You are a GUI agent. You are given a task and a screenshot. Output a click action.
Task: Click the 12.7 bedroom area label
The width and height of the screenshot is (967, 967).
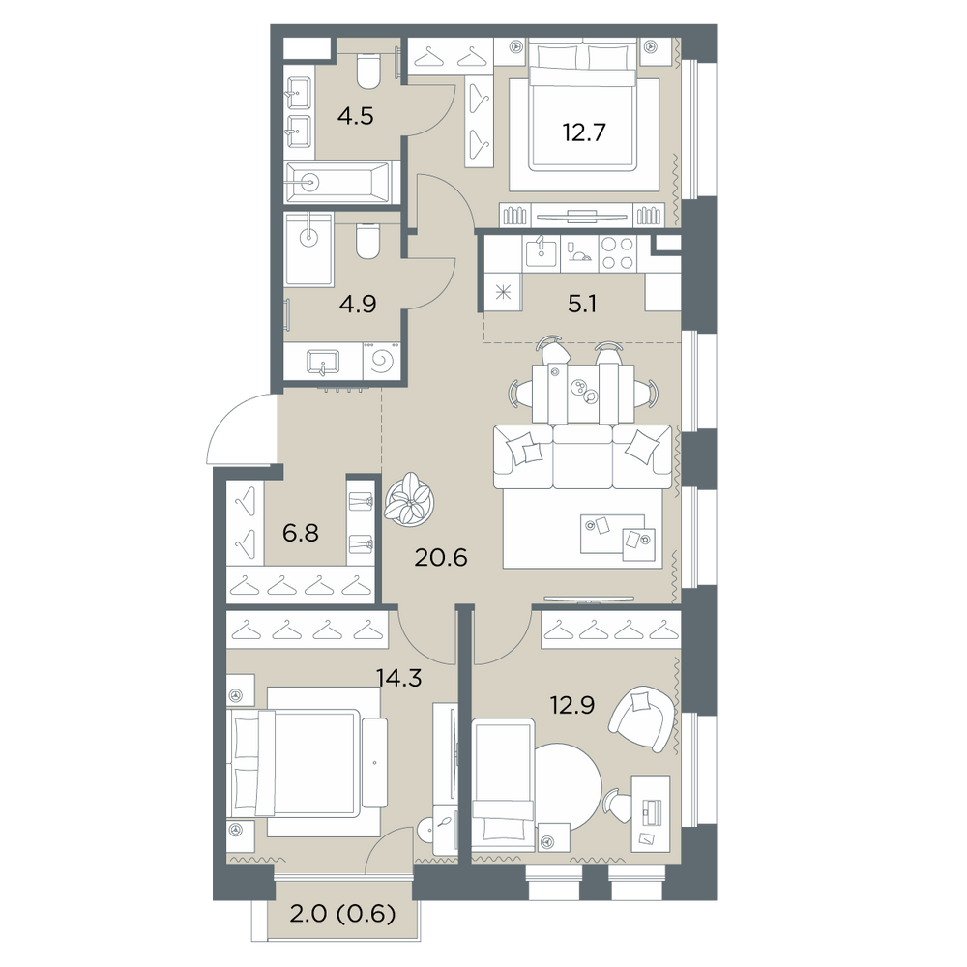coord(583,132)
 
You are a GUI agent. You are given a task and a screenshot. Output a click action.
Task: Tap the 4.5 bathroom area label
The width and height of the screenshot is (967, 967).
coord(356,116)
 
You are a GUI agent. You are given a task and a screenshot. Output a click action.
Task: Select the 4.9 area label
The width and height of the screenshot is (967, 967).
coord(358,304)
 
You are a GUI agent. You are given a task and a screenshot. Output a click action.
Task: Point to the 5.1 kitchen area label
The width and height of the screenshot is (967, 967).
coord(581,304)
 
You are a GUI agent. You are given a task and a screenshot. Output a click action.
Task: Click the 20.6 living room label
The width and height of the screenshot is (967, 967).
coord(441,558)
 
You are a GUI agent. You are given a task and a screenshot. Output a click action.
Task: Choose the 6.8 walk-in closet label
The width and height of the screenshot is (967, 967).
coord(301,533)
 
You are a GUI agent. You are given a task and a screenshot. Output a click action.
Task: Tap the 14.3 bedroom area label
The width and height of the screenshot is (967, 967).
coord(399,679)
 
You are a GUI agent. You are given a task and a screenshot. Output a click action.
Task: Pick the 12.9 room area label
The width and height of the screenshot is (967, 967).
coord(571,704)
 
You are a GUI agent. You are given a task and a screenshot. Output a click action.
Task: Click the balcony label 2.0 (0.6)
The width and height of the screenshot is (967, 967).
coord(342,914)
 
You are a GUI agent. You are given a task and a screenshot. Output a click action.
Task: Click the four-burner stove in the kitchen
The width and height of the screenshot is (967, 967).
coord(618,252)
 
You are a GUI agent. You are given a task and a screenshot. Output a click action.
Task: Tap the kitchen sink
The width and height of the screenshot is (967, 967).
coord(541,252)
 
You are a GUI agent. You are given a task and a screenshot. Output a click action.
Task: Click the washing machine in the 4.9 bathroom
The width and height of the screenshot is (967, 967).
coord(382,362)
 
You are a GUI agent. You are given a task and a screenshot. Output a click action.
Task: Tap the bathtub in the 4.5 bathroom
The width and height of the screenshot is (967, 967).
coord(337,182)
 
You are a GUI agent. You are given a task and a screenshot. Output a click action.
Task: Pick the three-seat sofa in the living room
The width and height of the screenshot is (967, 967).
coord(582,457)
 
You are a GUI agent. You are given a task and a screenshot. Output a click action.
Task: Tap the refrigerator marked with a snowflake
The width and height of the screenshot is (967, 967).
coord(503,292)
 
